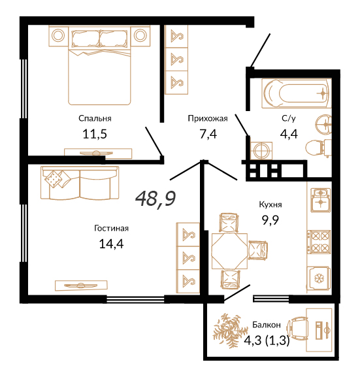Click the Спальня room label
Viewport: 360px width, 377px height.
click(95, 118)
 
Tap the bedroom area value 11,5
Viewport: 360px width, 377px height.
click(95, 134)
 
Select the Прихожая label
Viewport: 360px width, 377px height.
click(208, 118)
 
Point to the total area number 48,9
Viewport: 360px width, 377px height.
click(155, 199)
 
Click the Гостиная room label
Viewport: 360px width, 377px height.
click(111, 228)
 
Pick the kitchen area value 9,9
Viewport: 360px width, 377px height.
click(270, 220)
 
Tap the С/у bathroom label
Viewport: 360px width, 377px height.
click(289, 118)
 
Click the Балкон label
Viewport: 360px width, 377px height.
click(267, 325)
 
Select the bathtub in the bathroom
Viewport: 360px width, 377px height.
click(297, 93)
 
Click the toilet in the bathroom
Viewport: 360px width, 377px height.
click(318, 147)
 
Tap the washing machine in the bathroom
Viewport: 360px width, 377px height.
click(261, 150)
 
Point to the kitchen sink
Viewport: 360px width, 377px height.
click(321, 201)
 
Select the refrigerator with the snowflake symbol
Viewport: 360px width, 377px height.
click(319, 279)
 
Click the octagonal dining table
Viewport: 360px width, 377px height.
click(229, 251)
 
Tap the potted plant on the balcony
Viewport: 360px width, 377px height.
click(230, 330)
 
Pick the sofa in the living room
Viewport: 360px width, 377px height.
click(80, 183)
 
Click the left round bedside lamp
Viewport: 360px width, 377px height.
click(58, 35)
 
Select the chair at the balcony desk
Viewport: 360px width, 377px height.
click(299, 329)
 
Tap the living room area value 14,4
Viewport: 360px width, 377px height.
click(111, 244)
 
